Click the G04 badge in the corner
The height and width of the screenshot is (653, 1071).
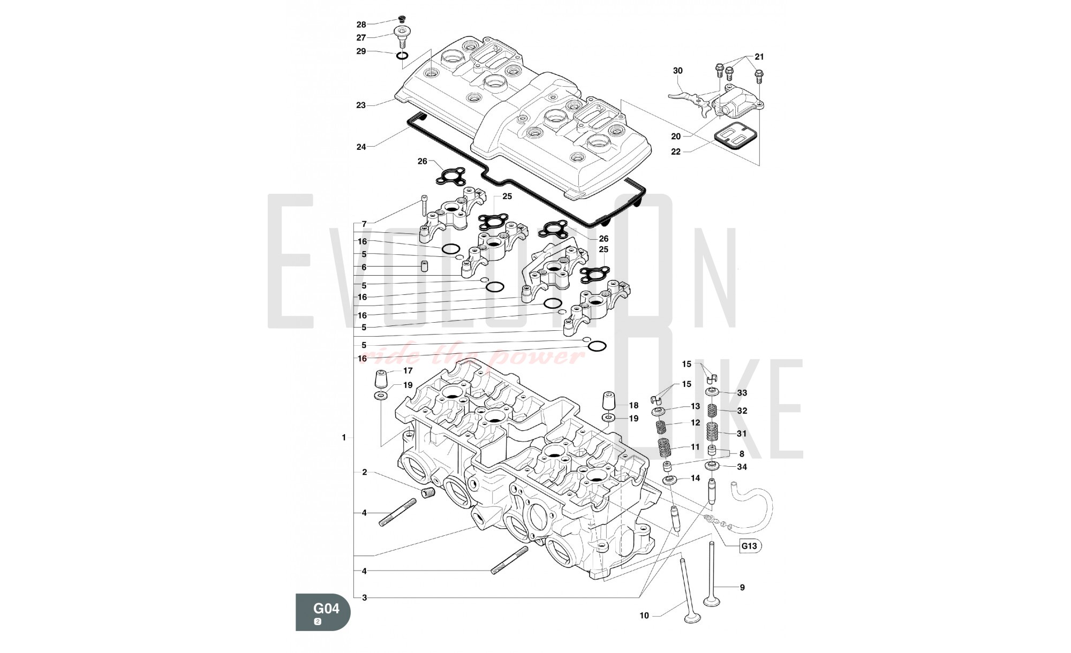click(323, 611)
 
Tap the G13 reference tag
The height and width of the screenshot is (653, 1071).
click(749, 546)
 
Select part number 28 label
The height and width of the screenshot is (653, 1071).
click(361, 25)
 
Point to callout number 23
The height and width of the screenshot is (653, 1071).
click(361, 105)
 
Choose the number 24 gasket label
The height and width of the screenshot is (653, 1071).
click(361, 147)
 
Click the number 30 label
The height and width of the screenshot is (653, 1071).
click(678, 71)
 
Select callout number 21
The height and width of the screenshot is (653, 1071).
click(759, 57)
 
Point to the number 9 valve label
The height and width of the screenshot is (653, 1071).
click(742, 587)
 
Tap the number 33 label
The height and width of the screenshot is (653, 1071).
click(742, 393)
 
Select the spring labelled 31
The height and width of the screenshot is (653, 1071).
click(712, 432)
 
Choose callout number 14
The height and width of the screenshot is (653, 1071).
click(695, 478)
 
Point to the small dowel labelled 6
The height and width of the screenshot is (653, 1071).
click(424, 266)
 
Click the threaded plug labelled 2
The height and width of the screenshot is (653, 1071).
click(427, 493)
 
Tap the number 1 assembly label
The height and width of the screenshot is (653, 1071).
click(344, 438)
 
